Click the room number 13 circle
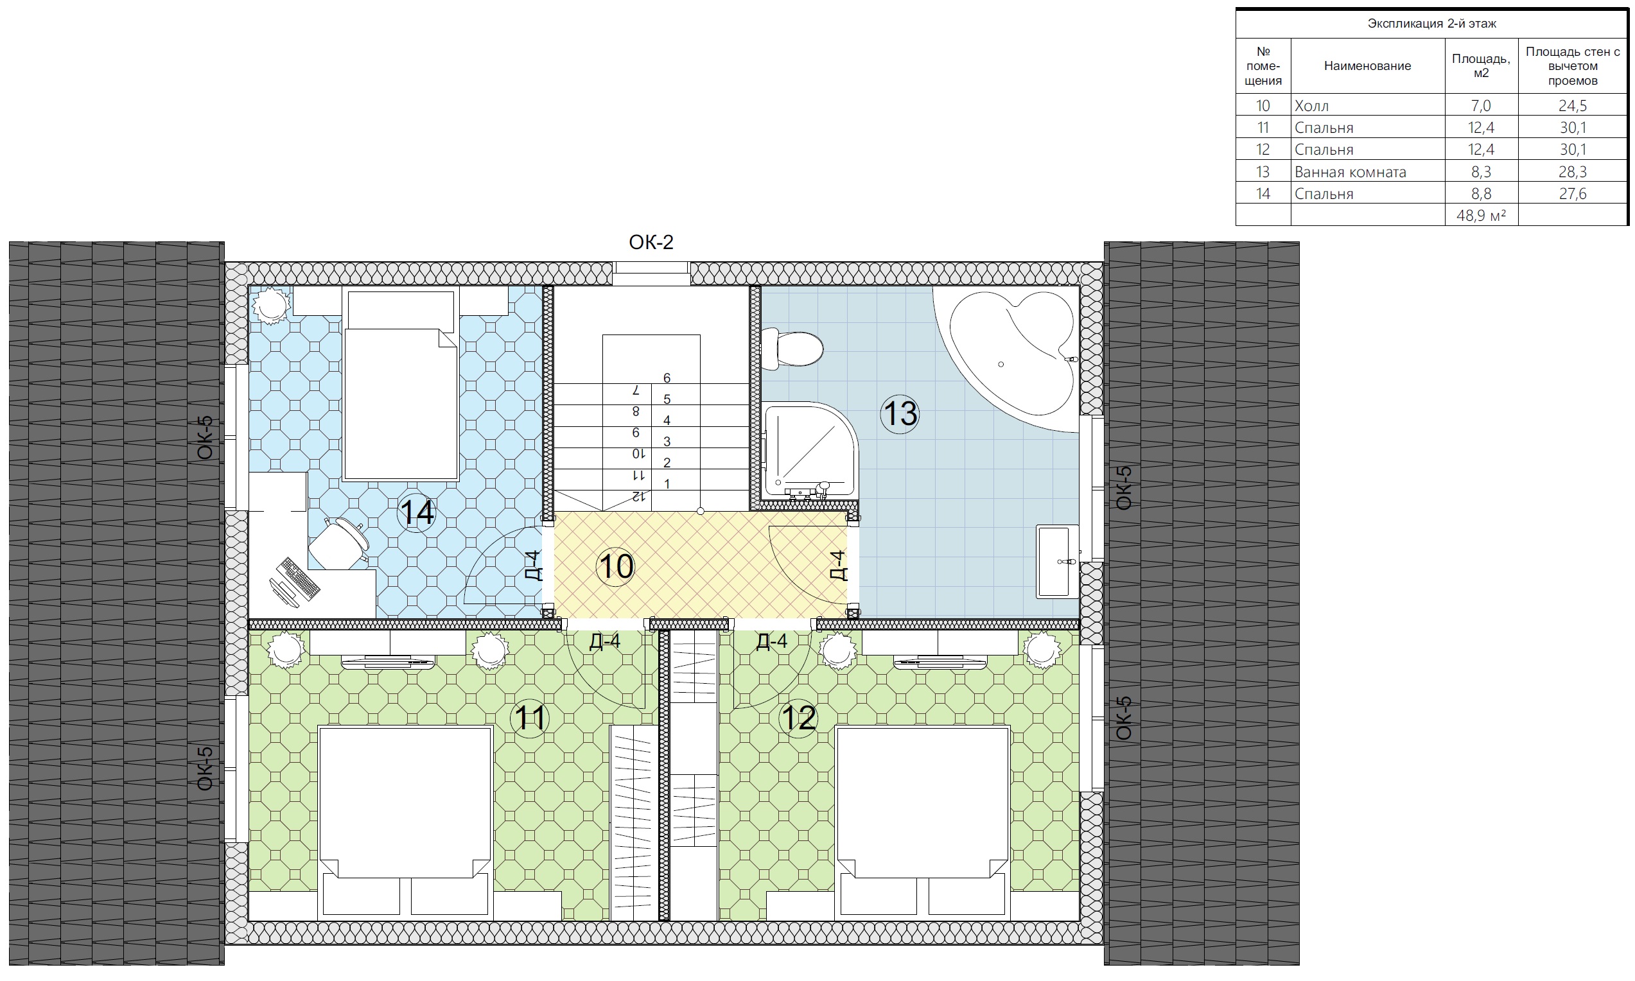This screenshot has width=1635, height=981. coord(900,414)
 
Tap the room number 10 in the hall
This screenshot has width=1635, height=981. coord(615,566)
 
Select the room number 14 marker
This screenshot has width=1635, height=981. coord(417,512)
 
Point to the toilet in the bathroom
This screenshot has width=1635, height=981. coord(792,349)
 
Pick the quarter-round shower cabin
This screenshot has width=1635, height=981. coord(810,451)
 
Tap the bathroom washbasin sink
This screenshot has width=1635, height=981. coord(1056,561)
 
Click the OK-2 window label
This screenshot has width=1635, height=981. coord(651,243)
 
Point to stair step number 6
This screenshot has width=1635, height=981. coord(667,378)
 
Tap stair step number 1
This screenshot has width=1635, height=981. coord(667,484)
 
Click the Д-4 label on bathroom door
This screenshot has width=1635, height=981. coord(837,565)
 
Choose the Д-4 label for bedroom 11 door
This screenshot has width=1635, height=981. coord(605,641)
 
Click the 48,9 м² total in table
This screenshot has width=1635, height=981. coord(1481,216)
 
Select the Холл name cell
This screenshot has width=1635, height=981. coord(1312,106)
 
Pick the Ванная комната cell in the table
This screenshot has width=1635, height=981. coord(1350,172)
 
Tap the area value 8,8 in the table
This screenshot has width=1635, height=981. coord(1481,194)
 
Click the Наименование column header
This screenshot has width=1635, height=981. coord(1367,65)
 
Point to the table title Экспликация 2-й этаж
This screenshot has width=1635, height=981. coord(1431,24)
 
